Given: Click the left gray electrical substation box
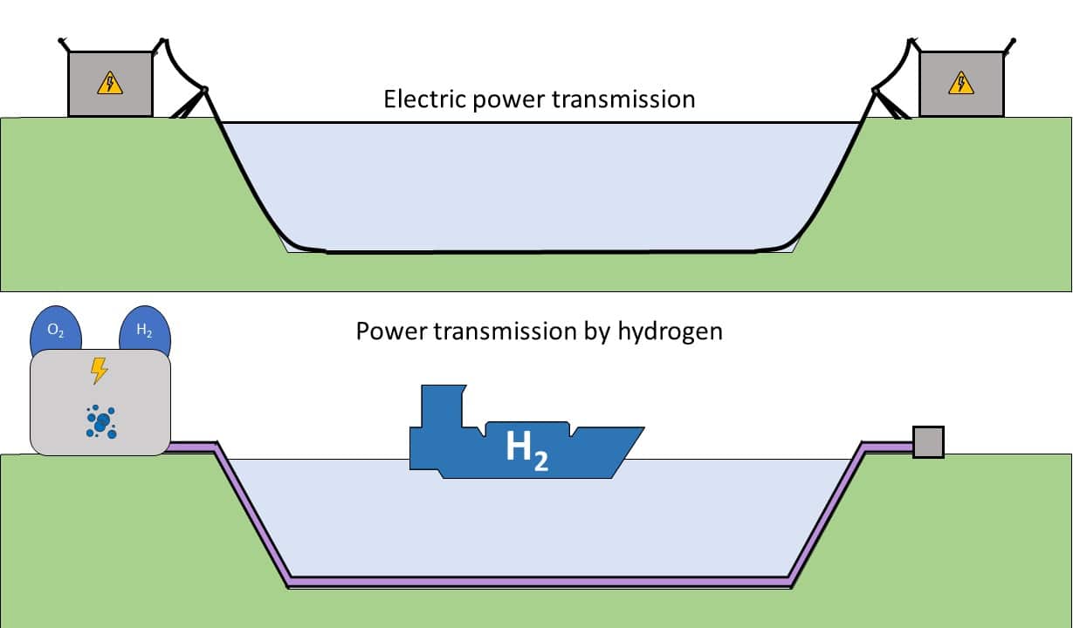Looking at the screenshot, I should [110, 84].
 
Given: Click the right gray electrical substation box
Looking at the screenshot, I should [961, 84].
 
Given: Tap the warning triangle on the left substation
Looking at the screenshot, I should [110, 84].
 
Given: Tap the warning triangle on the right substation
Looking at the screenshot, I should [961, 84].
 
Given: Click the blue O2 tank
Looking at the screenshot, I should [55, 332].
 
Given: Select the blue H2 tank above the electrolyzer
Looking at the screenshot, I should [145, 331].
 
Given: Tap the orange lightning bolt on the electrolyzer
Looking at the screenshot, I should [100, 371].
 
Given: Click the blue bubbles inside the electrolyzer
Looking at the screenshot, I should [101, 421].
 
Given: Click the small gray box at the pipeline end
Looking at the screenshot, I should [928, 442].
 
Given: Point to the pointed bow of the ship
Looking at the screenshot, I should [636, 432].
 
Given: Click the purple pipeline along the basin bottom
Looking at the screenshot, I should [541, 580].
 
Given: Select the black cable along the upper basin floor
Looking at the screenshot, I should [541, 253].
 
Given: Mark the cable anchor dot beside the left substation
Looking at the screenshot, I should [205, 90].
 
